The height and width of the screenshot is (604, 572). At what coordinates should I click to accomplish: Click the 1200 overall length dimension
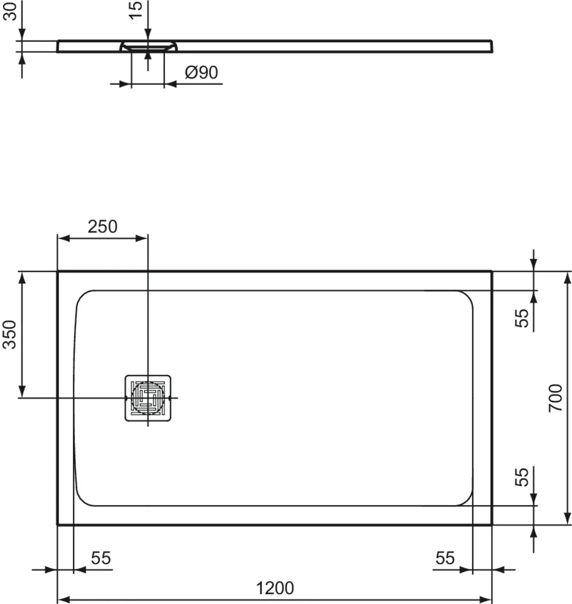(275, 588)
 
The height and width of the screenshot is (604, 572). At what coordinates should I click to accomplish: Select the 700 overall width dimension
(556, 398)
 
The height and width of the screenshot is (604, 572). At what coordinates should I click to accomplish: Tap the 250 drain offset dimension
(102, 227)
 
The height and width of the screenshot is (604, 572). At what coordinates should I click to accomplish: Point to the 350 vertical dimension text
(10, 334)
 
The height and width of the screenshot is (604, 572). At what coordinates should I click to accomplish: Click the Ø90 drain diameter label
(201, 73)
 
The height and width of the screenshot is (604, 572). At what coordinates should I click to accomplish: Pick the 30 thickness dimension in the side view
(10, 10)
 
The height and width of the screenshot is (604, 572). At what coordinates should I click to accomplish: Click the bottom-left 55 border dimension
(101, 557)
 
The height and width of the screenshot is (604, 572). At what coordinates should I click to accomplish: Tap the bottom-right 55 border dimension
(445, 557)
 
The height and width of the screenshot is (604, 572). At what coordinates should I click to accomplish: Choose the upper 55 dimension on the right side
(522, 318)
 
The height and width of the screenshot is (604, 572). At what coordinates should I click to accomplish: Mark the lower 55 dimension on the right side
(522, 477)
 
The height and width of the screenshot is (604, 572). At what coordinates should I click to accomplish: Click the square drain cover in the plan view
(148, 398)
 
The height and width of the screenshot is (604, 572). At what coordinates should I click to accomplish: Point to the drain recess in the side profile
(148, 46)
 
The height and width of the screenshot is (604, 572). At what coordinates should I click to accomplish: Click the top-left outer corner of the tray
(58, 272)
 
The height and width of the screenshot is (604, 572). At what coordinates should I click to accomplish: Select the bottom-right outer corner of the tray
(491, 524)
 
